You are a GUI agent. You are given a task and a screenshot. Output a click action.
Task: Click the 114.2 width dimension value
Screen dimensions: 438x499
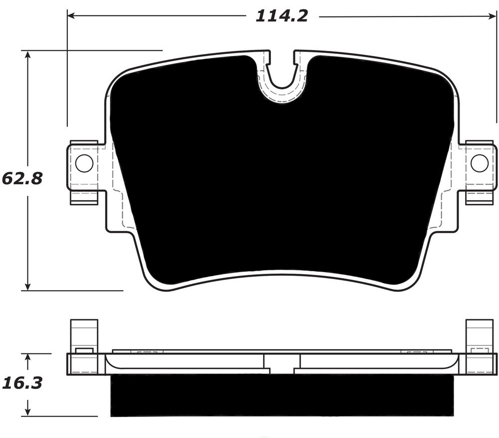click(282, 16)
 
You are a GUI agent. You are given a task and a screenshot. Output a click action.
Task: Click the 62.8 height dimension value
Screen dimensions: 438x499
click(22, 178)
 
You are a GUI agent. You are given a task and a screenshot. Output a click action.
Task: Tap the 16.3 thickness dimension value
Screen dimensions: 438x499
click(22, 383)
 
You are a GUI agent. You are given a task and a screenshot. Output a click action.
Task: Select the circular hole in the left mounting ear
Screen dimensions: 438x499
click(84, 163)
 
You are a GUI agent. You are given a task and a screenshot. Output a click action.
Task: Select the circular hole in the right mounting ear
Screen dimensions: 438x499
click(479, 163)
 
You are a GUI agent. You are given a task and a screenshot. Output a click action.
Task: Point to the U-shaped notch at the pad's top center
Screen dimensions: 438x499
click(282, 75)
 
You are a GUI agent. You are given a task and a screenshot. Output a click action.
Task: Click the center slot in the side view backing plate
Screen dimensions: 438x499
click(282, 364)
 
